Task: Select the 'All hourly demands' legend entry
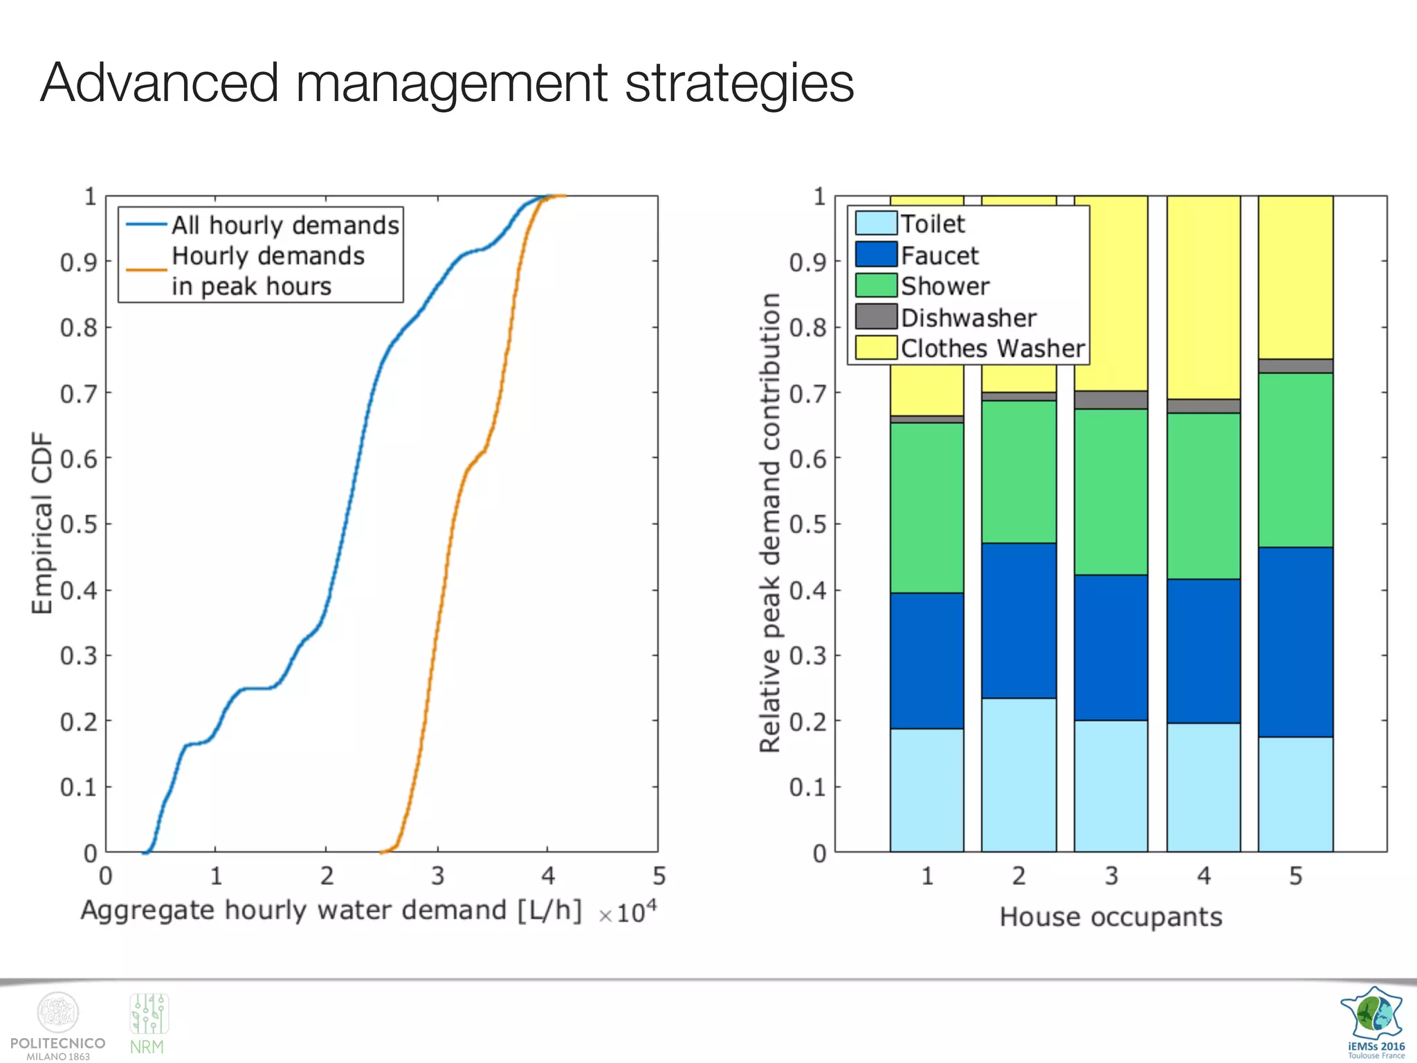pos(284,225)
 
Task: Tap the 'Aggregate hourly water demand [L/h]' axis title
pos(331,911)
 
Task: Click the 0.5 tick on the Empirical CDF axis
pos(78,524)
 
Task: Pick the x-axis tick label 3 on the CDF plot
pos(437,876)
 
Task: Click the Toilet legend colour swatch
pos(876,224)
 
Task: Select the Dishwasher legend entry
pos(968,318)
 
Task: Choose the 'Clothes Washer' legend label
pos(992,348)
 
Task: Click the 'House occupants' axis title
pos(1110,917)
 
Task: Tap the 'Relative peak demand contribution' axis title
pos(770,523)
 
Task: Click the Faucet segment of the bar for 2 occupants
pos(1018,620)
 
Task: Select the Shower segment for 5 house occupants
pos(1295,460)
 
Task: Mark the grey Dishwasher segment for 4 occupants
pos(1203,406)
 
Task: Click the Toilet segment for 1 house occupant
pos(926,790)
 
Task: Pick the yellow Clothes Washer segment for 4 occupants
pos(1203,298)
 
